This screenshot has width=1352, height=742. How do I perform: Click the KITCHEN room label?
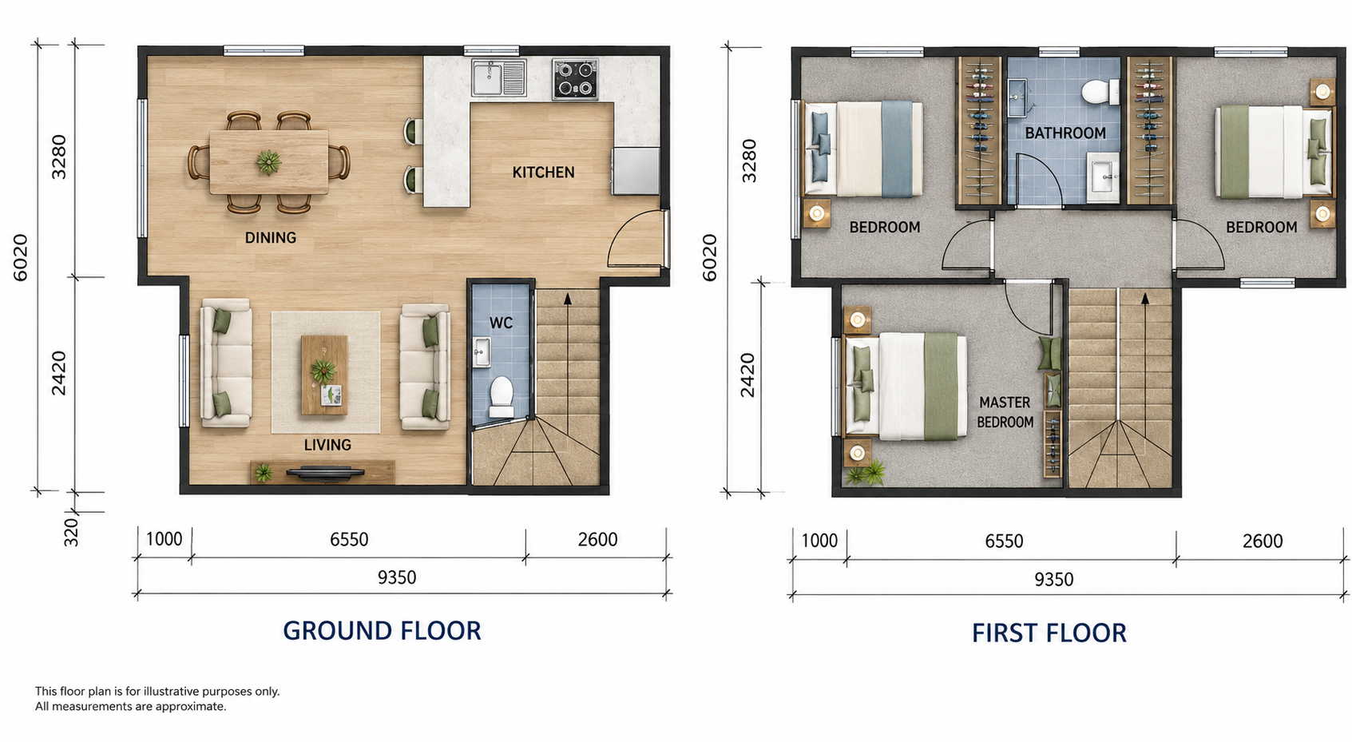[543, 173]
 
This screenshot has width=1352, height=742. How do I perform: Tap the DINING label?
[271, 238]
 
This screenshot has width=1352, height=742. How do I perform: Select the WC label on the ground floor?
[501, 323]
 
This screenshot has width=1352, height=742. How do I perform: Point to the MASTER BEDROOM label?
[1005, 412]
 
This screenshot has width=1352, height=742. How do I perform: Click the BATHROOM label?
[1065, 133]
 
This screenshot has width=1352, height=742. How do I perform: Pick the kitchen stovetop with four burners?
[575, 79]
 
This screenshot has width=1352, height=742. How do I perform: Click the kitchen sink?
[498, 77]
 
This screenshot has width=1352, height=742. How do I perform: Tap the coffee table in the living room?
[324, 375]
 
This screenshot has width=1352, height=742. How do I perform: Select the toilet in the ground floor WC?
[501, 397]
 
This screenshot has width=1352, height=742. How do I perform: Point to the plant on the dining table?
[268, 162]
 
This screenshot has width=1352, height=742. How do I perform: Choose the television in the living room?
[325, 473]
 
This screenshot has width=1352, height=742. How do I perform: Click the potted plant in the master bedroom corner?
[866, 473]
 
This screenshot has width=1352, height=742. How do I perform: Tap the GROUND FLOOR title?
[382, 631]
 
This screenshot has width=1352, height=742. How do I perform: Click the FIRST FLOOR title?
[1049, 633]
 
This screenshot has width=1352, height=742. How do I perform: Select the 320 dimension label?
[71, 533]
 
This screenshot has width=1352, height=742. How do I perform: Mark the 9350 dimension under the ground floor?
[397, 577]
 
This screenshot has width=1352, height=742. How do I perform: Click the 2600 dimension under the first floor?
[1263, 541]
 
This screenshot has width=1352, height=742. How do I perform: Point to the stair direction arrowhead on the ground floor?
[567, 298]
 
